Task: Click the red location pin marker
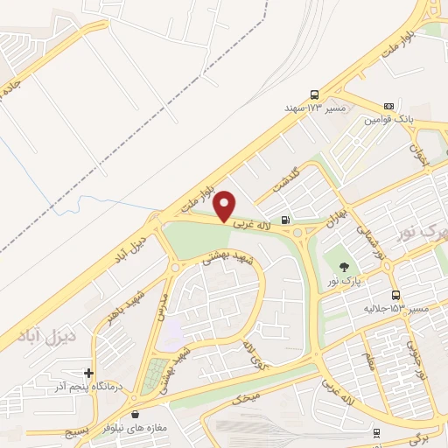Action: click(x=225, y=205)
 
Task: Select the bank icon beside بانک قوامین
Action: click(x=388, y=106)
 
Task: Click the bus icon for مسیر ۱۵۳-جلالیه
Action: click(x=395, y=295)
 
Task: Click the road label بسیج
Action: click(x=77, y=431)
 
